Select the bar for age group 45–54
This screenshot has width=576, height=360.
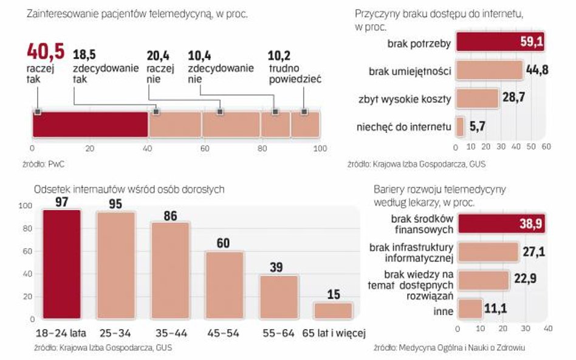coord(224,285)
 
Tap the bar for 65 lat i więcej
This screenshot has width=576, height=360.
coord(332,310)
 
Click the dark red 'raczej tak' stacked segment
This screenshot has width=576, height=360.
coord(89,124)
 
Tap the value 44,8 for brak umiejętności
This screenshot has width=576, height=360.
coord(537,70)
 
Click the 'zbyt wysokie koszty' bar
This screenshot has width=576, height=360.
coord(476,98)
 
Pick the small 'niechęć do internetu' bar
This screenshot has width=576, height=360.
coord(460,126)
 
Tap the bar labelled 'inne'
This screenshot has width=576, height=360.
coord(470,308)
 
